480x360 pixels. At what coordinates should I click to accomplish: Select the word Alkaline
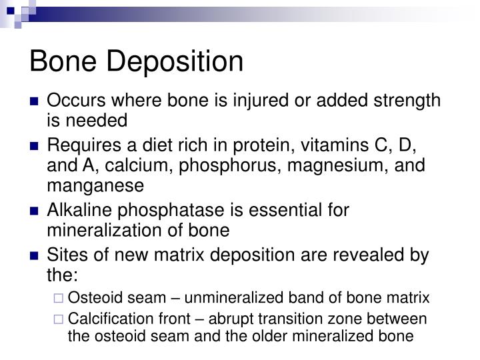coord(77,209)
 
